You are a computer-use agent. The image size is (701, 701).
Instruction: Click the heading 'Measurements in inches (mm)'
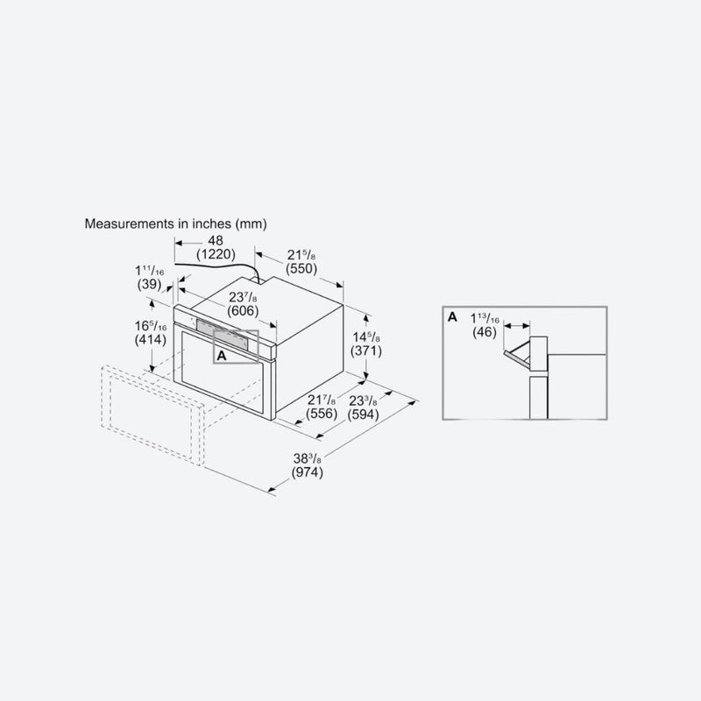(x=175, y=223)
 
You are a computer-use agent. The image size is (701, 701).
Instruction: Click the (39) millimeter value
(x=147, y=285)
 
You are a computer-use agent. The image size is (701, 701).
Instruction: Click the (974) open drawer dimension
(x=308, y=473)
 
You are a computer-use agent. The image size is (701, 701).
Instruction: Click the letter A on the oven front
(x=222, y=356)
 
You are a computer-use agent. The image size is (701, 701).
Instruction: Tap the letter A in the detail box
(x=451, y=316)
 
